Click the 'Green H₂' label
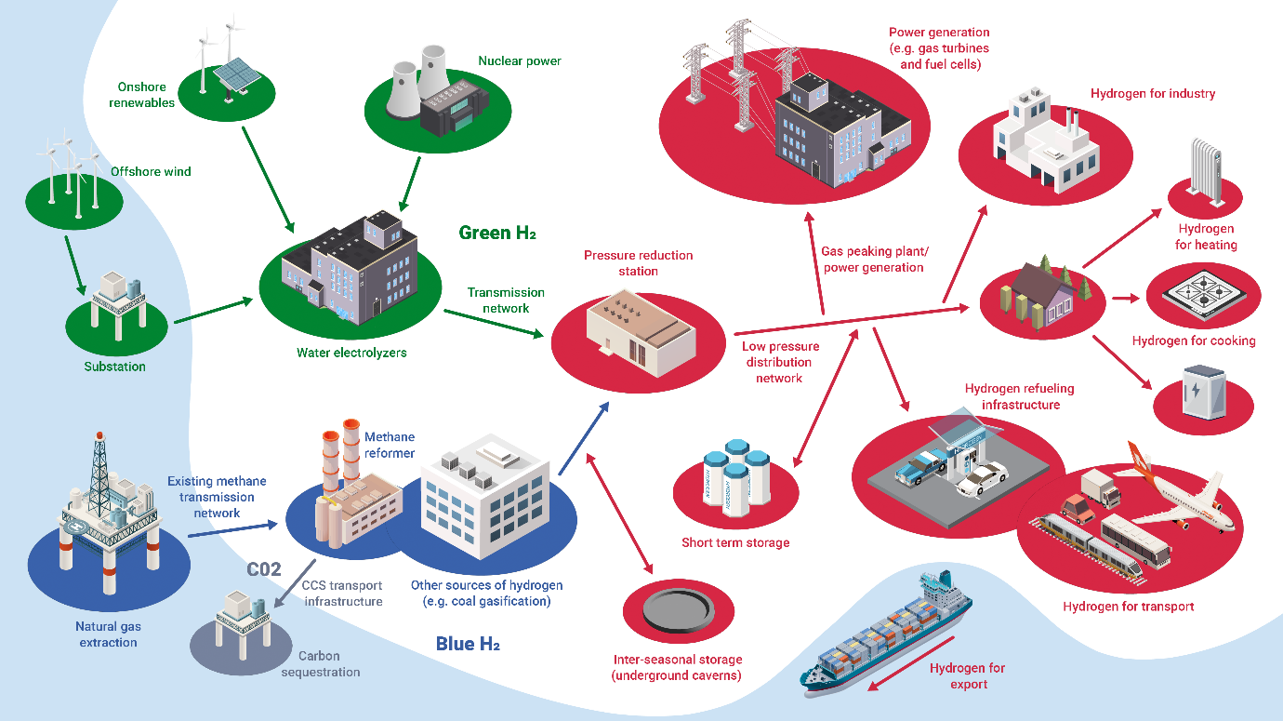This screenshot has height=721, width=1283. point(497,233)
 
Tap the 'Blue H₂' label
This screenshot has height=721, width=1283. point(468,644)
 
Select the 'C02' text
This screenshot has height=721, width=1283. point(264,569)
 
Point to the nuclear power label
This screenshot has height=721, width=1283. point(520,61)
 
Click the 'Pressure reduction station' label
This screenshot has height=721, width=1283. point(638,263)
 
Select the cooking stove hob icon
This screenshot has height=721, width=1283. point(1203,293)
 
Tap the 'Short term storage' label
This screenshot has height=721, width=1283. point(735,542)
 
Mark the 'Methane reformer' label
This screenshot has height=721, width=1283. point(390,444)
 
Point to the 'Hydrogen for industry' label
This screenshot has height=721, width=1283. point(1153,94)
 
